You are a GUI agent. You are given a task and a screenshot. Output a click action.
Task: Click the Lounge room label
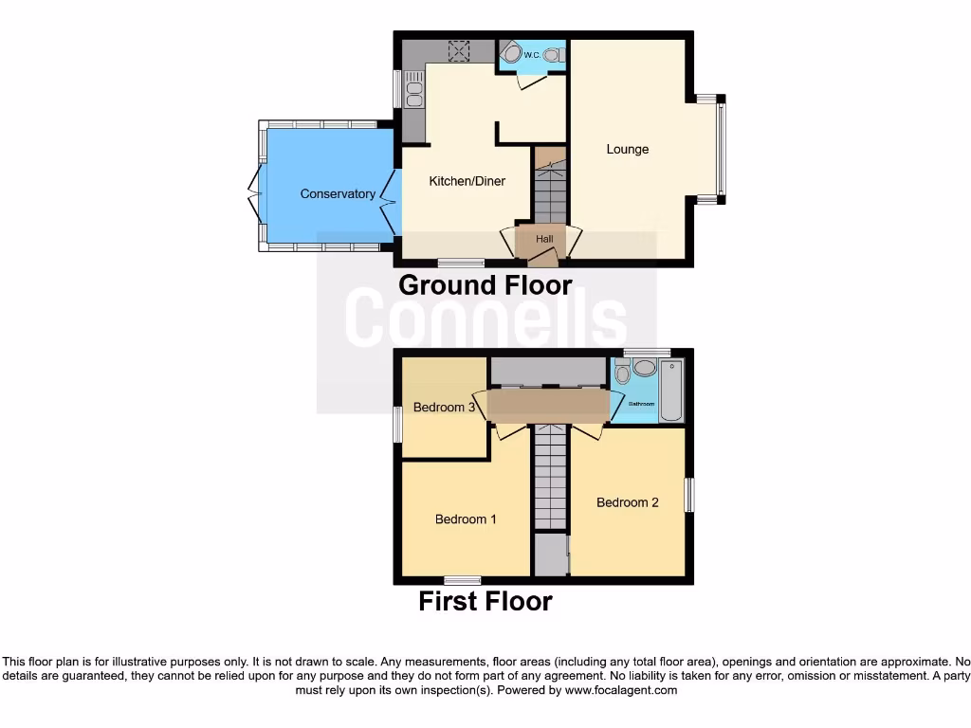pyautogui.click(x=628, y=149)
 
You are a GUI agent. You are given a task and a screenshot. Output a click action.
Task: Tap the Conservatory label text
pyautogui.click(x=338, y=193)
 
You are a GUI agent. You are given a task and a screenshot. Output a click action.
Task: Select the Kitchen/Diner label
pyautogui.click(x=467, y=181)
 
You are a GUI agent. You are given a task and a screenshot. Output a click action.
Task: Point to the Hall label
pyautogui.click(x=544, y=240)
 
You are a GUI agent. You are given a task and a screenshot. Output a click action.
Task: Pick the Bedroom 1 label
pyautogui.click(x=466, y=519)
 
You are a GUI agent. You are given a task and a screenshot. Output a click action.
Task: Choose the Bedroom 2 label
pyautogui.click(x=627, y=502)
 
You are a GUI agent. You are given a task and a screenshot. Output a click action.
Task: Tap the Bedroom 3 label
pyautogui.click(x=444, y=408)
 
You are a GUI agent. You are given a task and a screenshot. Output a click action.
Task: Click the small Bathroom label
pyautogui.click(x=643, y=405)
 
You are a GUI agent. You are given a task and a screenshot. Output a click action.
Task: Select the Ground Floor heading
pyautogui.click(x=485, y=284)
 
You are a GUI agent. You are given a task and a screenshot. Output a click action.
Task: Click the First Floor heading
pyautogui.click(x=485, y=601)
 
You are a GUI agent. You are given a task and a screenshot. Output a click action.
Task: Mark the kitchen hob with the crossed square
pyautogui.click(x=461, y=51)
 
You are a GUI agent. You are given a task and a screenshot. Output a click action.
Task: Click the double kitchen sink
pyautogui.click(x=414, y=93)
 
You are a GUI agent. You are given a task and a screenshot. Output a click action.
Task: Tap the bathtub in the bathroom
pyautogui.click(x=671, y=390)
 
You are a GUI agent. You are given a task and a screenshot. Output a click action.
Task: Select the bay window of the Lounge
pyautogui.click(x=721, y=148)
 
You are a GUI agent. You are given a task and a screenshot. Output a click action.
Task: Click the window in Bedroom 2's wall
pyautogui.click(x=689, y=495)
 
